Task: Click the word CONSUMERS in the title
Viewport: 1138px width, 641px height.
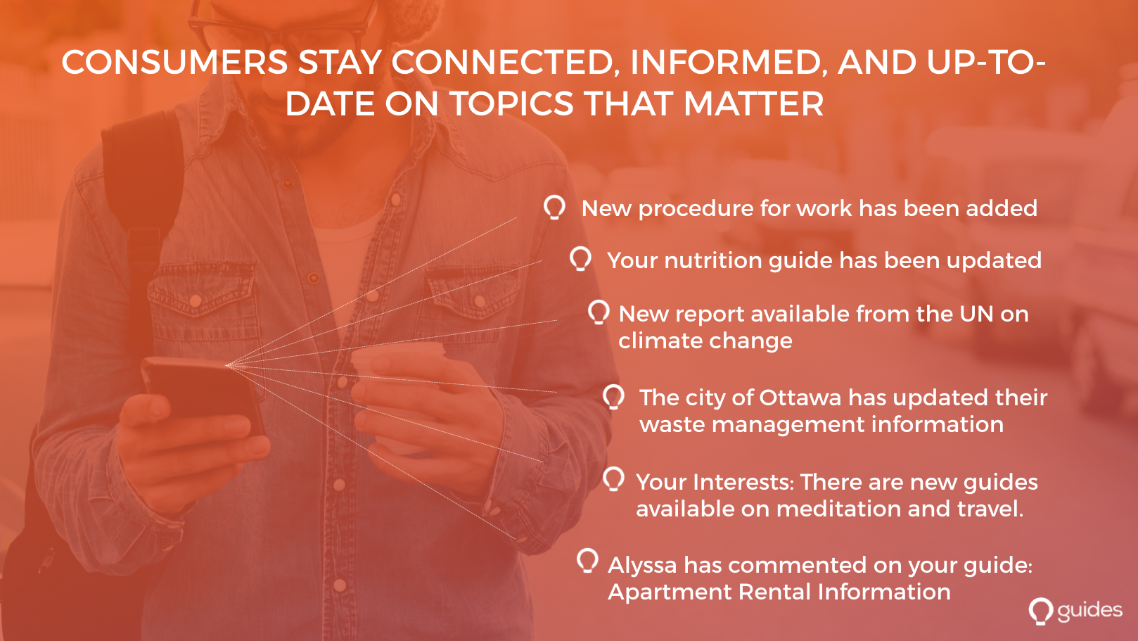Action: (x=174, y=63)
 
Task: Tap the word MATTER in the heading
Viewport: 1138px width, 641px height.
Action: (x=753, y=103)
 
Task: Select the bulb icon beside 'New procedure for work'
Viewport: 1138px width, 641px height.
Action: (x=554, y=208)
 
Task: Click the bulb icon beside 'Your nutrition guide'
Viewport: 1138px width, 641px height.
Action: (x=581, y=259)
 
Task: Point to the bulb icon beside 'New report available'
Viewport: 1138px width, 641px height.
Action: (x=599, y=312)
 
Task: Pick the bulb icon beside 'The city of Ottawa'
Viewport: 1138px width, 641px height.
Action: (x=614, y=397)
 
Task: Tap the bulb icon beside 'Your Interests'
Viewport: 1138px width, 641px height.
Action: (x=614, y=479)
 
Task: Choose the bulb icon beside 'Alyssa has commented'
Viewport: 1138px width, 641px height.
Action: (x=587, y=561)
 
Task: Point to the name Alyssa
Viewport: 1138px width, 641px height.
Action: (x=642, y=566)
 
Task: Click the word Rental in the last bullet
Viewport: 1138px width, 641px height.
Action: (x=774, y=592)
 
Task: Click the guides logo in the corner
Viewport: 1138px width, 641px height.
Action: (x=1075, y=611)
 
